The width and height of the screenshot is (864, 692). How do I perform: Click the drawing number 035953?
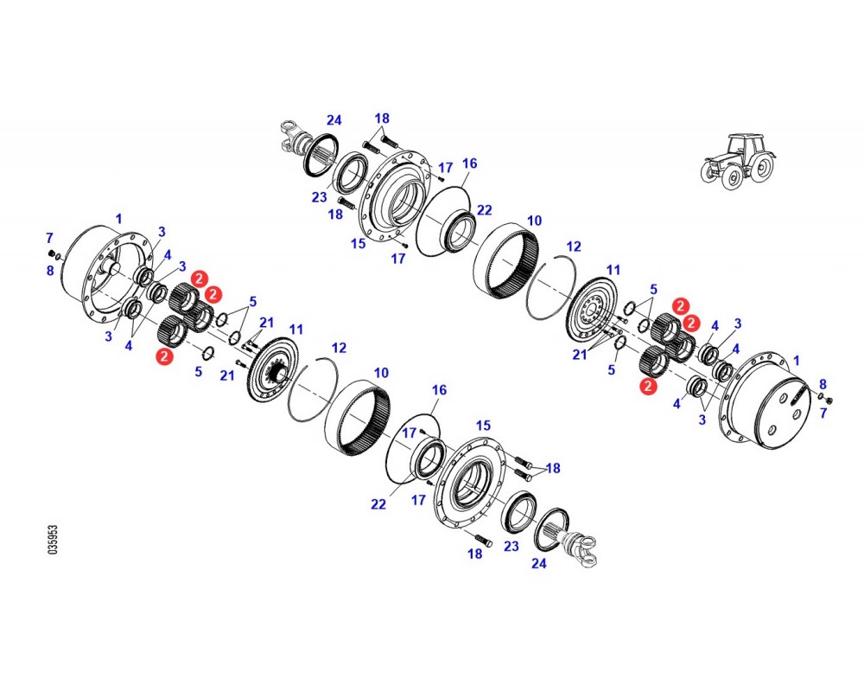click(x=53, y=539)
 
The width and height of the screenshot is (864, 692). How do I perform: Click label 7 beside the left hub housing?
click(x=49, y=238)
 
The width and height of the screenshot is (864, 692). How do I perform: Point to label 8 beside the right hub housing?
click(x=823, y=384)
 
